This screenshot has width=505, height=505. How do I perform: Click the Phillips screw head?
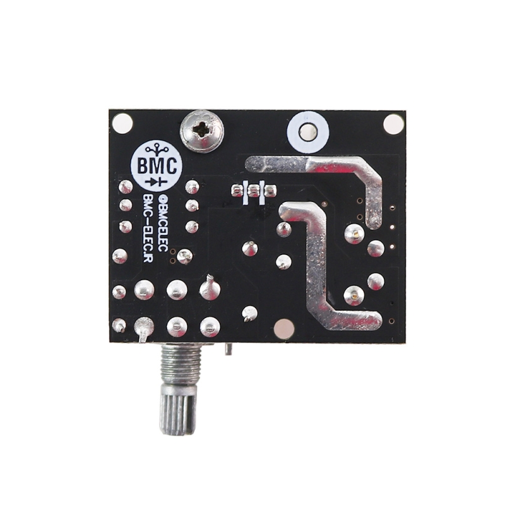point(202,131)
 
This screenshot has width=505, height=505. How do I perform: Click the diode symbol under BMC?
point(157,182)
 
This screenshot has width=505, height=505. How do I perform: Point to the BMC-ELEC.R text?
point(148,228)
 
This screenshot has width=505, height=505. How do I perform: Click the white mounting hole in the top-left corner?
point(122,122)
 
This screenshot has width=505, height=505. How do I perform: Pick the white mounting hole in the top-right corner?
point(393,124)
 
